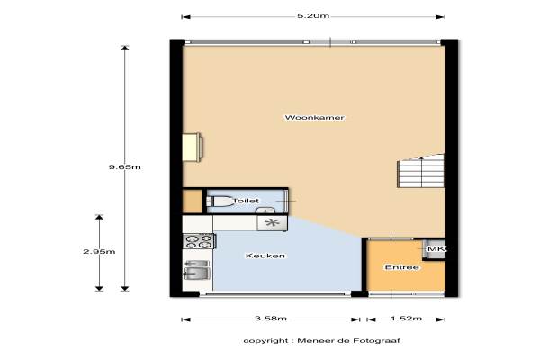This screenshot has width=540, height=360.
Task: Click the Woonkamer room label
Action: tap(314, 118)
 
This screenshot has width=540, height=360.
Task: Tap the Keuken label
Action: tap(265, 256)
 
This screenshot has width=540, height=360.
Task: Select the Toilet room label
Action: tap(246, 201)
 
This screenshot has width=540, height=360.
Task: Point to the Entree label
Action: tap(402, 267)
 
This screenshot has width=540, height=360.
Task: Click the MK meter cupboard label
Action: tap(436, 248)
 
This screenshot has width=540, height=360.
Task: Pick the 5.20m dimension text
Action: tap(313, 16)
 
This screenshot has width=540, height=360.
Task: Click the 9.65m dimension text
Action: tap(125, 167)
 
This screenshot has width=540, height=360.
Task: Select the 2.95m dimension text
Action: tap(99, 251)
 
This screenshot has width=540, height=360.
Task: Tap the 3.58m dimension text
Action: tap(271, 319)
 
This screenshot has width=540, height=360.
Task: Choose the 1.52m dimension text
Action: tap(406, 319)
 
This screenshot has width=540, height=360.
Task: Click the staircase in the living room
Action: tap(421, 171)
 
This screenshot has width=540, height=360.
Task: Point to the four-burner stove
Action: tap(199, 241)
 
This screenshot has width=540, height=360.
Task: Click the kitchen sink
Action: tap(197, 270)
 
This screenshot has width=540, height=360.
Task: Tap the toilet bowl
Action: tap(219, 202)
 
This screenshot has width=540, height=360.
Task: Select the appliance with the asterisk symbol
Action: tap(272, 223)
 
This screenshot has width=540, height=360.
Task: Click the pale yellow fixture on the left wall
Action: tap(192, 147)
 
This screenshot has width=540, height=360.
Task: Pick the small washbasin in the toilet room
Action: tap(265, 210)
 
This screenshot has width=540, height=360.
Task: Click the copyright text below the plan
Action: tap(321, 341)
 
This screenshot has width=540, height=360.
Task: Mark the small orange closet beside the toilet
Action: tap(192, 202)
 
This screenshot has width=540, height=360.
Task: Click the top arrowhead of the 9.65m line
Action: tap(125, 48)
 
